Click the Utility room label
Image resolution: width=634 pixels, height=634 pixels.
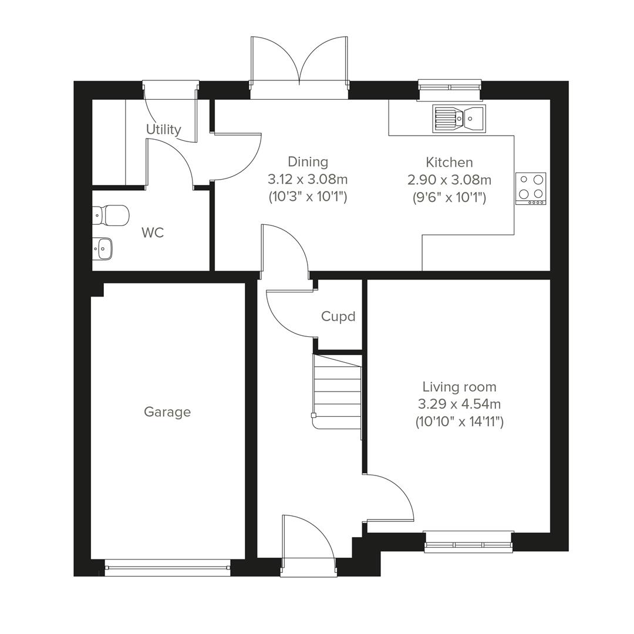pos(163,129)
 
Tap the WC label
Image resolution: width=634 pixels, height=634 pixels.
pos(153,232)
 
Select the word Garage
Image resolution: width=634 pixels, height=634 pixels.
pos(167,412)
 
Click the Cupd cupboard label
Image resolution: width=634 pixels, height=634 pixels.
pos(338,316)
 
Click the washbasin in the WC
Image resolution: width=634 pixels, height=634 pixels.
pos(103,248)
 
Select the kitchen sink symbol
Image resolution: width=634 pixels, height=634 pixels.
pos(458,119)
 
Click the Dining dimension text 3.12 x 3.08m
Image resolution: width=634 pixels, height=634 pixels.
pos(308,179)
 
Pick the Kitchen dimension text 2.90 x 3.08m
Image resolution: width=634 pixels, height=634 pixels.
pos(449,180)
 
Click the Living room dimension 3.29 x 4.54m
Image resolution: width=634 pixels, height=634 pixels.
pos(459,404)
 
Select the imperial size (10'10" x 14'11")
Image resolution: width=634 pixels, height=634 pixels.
pos(459,421)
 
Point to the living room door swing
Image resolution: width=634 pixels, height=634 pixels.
pos(390,499)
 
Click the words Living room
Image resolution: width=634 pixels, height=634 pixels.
pos(459,387)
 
